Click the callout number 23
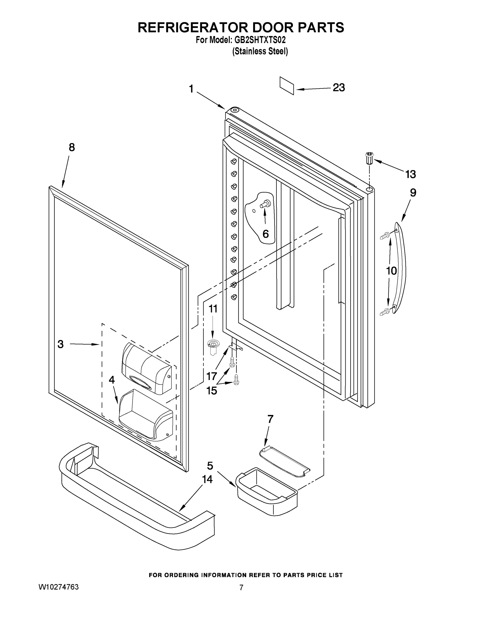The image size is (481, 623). click(339, 87)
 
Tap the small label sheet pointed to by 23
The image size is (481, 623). click(287, 85)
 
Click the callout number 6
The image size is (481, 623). click(265, 234)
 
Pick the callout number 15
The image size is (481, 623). click(211, 390)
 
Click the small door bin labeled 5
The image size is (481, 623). click(267, 490)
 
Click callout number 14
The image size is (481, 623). click(207, 479)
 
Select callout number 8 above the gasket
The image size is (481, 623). click(72, 147)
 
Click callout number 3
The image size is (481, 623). click(60, 344)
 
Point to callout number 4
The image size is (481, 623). click(112, 380)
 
